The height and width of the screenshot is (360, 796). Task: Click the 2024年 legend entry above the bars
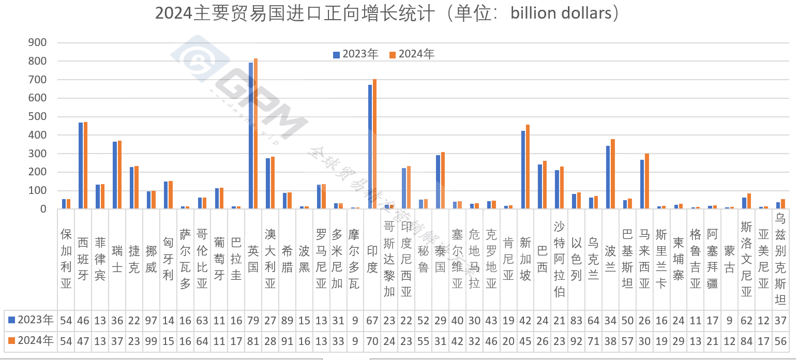coord(412,54)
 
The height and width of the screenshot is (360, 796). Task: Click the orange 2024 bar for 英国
coord(256,134)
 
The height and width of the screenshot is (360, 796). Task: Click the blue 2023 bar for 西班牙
coord(81,166)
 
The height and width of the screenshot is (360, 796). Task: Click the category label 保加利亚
coord(66,259)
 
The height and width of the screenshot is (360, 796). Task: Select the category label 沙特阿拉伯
coord(559,259)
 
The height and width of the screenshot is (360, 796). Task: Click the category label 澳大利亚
coord(270,259)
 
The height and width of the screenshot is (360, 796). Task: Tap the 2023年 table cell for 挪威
coord(151,321)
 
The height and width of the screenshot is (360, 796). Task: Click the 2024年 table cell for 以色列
coord(576,341)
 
